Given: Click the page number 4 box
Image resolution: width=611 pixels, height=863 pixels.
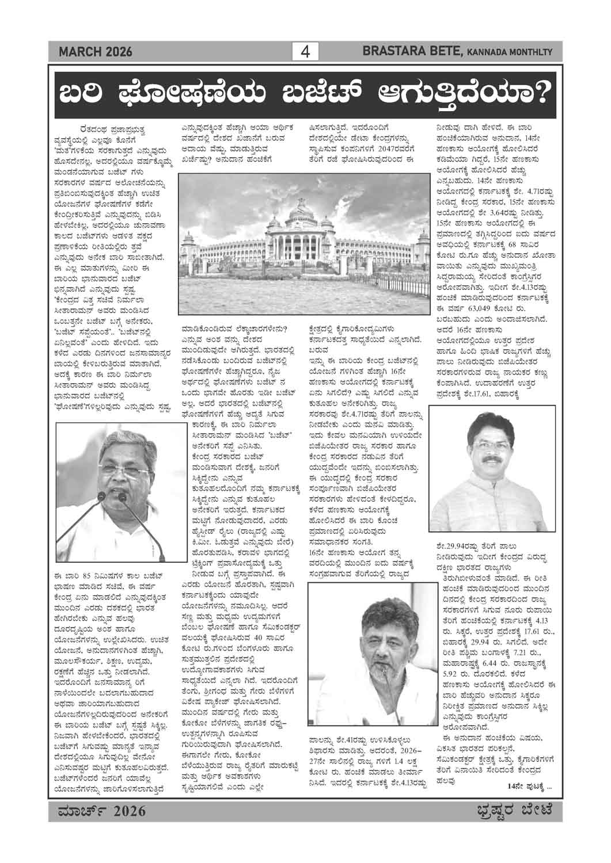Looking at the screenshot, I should [x=305, y=52].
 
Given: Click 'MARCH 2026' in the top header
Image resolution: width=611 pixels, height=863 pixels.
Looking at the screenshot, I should [x=95, y=52].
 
